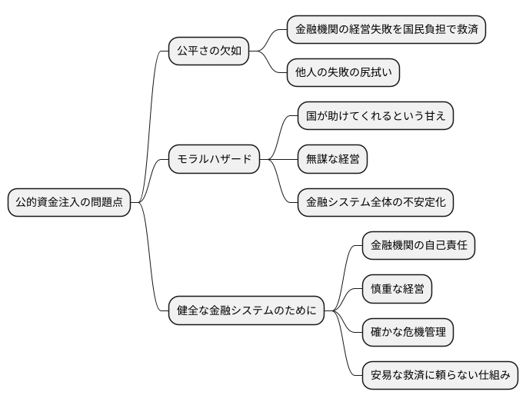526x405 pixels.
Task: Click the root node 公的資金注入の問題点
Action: point(69,203)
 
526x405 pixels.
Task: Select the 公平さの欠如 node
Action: point(209,51)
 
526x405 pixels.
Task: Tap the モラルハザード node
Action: point(214,159)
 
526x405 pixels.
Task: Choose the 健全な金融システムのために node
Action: point(246,311)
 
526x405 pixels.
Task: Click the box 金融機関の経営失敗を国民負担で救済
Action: point(386,30)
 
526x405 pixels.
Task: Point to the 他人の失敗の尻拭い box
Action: point(343,73)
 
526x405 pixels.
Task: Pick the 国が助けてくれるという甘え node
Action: point(375,116)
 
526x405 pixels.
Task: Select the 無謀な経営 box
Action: point(332,159)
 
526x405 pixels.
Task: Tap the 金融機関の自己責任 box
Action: point(418,246)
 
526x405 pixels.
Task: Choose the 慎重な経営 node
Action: point(397,289)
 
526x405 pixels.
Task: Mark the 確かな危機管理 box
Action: point(408,333)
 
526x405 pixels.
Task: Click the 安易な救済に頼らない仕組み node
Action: point(440,376)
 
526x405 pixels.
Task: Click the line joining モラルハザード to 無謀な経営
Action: point(278,159)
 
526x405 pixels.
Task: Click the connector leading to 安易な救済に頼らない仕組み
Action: point(348,354)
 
